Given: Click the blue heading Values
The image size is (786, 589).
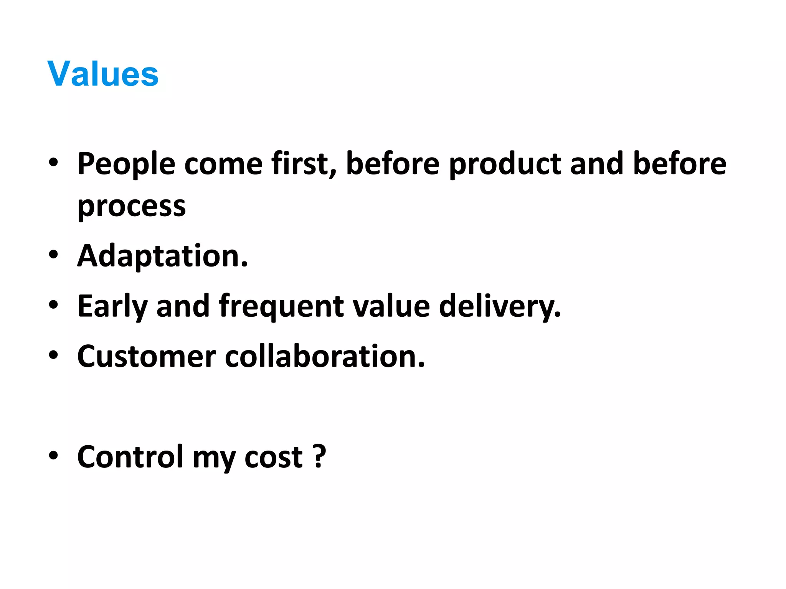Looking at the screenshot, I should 103,74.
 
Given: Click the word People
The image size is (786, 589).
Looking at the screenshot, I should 126,164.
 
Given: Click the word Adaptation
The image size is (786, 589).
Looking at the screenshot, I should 162,256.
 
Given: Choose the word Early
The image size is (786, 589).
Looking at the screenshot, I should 112,306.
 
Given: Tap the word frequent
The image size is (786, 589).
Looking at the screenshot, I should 281,306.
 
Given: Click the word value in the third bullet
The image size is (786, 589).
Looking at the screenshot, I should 391,306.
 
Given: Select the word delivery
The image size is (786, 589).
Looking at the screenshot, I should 500,306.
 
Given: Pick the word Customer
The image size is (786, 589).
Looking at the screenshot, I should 146,357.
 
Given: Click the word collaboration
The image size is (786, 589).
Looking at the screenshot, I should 325,357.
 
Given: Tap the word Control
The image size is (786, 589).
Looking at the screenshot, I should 130,457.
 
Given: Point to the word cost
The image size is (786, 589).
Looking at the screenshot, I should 274,457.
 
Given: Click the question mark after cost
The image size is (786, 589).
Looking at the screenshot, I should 319,457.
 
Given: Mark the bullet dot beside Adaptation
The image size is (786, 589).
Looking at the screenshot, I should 53,254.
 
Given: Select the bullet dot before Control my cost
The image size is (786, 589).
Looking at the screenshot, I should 53,455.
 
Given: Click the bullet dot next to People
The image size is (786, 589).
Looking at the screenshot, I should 53,162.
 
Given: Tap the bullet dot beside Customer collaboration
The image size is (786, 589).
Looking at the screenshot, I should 53,355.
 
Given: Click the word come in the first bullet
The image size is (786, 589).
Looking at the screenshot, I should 223,164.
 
